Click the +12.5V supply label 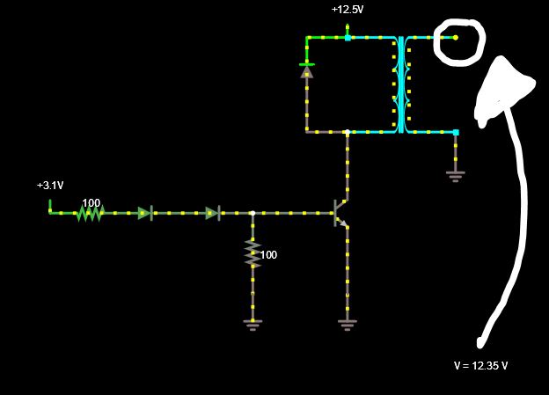[348, 10]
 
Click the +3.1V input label [50, 186]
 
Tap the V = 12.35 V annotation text [480, 365]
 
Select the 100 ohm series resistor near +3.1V [90, 213]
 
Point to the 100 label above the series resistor [91, 202]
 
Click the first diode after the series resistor [146, 213]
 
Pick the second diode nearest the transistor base [213, 213]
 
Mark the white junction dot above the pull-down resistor [253, 213]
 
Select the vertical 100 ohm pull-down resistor [253, 254]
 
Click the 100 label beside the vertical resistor [268, 255]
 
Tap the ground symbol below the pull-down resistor [253, 324]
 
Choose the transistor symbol [340, 213]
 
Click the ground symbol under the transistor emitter [347, 324]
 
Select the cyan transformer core [401, 84]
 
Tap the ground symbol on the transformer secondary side [455, 175]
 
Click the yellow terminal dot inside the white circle [456, 38]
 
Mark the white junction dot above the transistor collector [347, 132]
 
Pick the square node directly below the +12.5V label [348, 38]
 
